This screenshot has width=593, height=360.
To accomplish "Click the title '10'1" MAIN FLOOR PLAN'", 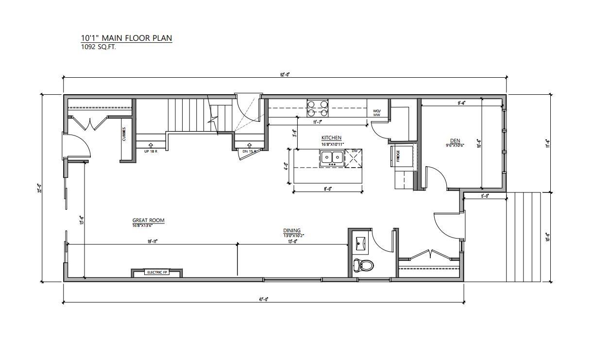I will tap(126, 38).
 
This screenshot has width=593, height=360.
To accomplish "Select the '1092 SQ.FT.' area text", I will tap(99, 48).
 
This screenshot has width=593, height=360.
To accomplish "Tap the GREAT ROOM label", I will tap(148, 221).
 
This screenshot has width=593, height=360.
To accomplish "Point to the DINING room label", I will tap(292, 231).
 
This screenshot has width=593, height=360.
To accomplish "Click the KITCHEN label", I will tap(331, 138).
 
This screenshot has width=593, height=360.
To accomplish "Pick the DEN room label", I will tap(455, 140).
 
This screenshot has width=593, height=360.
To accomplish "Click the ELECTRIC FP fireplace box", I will tap(156, 273).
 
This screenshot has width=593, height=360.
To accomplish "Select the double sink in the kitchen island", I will tap(332, 157).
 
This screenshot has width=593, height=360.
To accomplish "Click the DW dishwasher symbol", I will tap(354, 152).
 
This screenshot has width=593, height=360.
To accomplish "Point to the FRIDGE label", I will tap(398, 156).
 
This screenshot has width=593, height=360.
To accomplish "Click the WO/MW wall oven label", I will tap(377, 113).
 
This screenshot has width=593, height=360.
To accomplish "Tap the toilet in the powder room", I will tap(363, 265).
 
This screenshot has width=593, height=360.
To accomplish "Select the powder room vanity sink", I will tap(360, 243).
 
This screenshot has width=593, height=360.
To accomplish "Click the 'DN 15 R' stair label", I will tap(249, 151).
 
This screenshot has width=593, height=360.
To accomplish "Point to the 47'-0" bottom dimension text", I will tap(264, 299).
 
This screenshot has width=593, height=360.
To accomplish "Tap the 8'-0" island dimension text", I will tap(328, 189).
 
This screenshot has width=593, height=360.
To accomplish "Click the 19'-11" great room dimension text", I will tap(152, 241).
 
